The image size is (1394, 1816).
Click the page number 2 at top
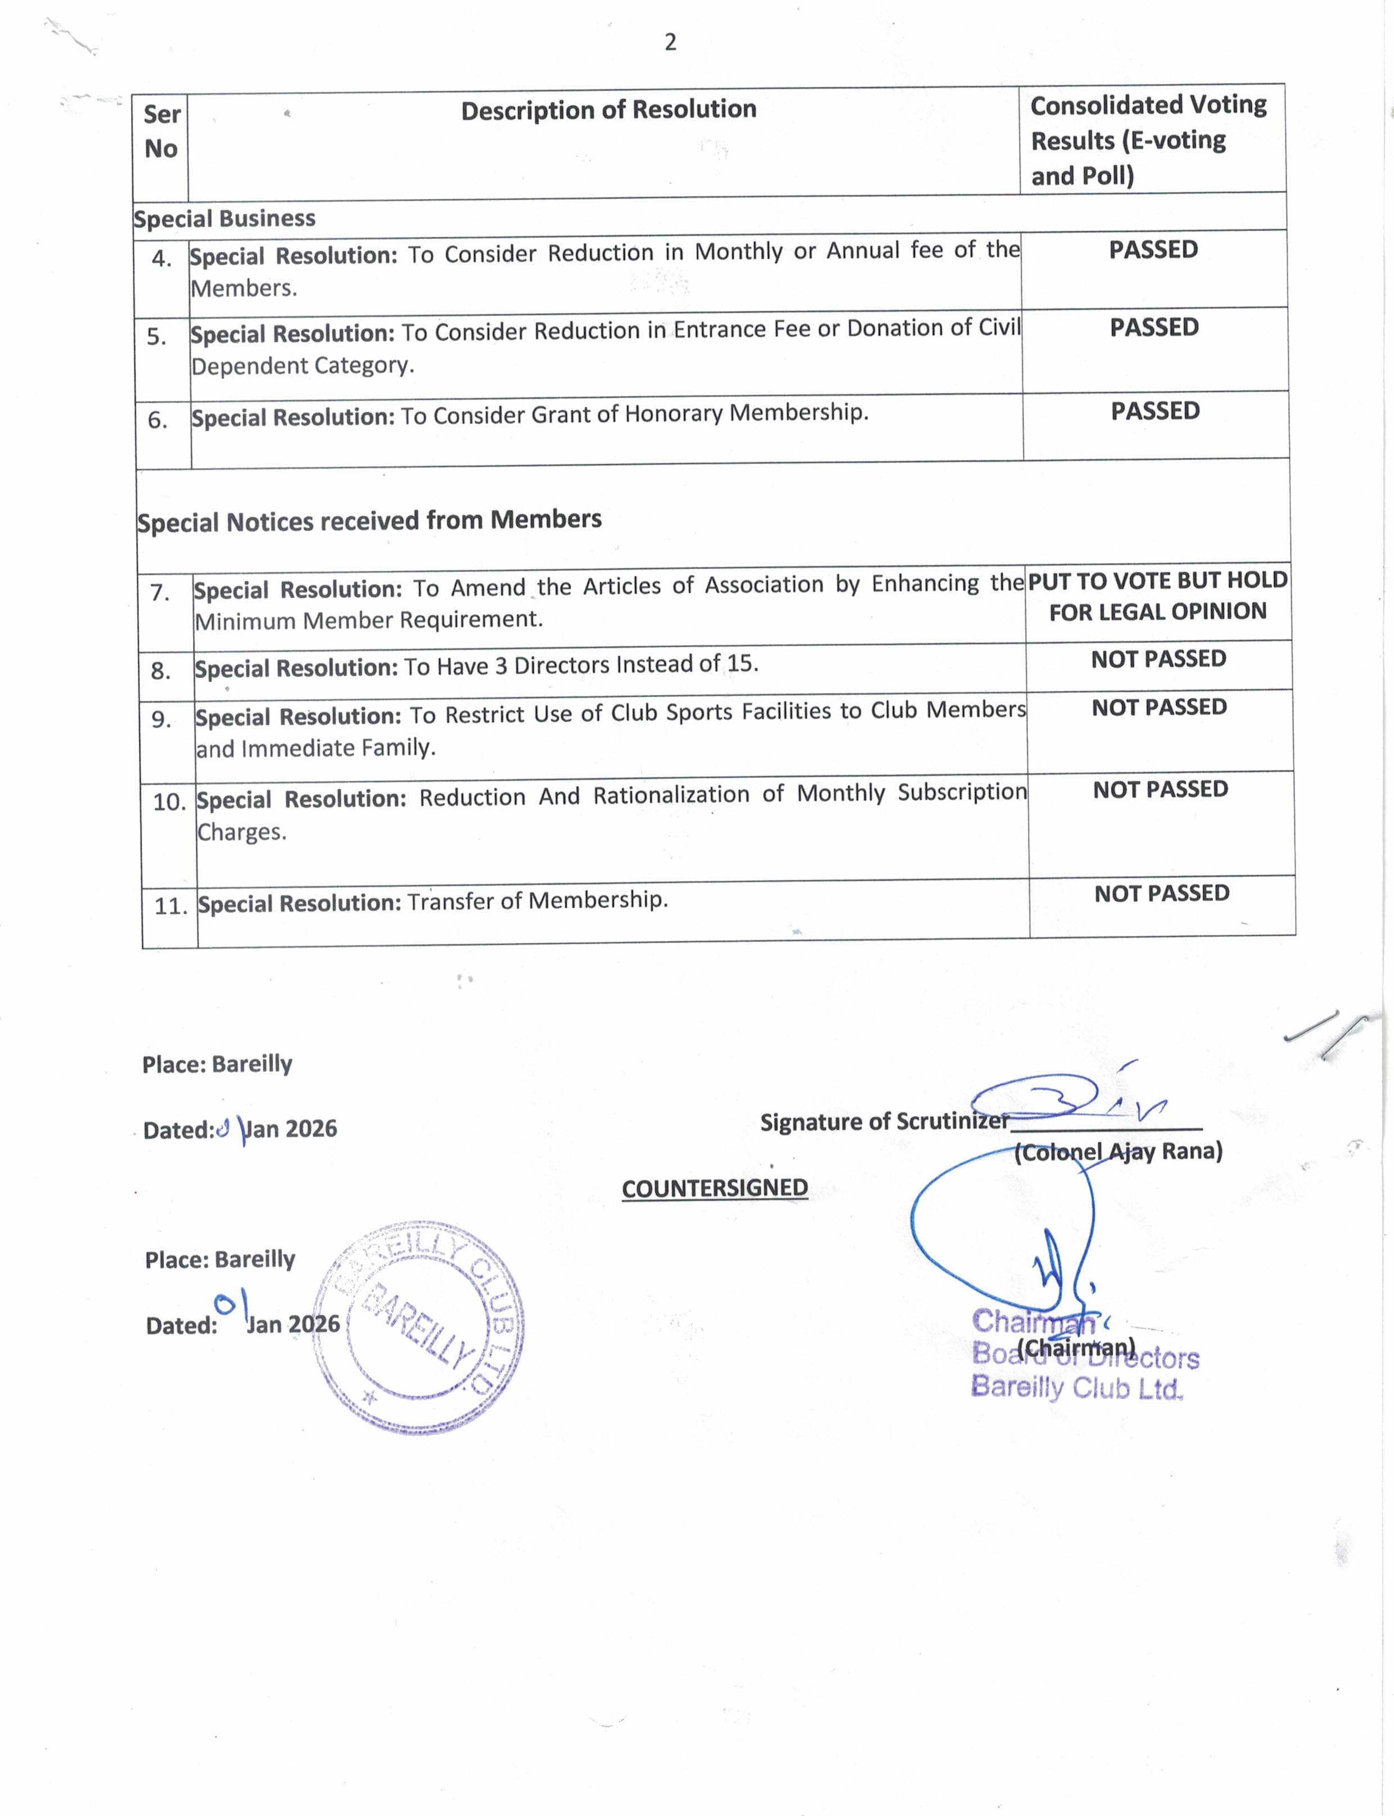click(670, 42)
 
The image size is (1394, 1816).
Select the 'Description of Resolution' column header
click(608, 110)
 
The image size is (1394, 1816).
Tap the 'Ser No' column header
click(161, 131)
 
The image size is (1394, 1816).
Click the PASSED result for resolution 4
click(1153, 250)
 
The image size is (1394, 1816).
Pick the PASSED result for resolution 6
click(1155, 411)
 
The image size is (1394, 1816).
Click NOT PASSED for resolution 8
click(1158, 659)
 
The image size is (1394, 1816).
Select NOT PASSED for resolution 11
click(1162, 894)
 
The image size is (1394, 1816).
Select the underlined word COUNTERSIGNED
click(714, 1188)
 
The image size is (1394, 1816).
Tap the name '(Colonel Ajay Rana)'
click(1118, 1152)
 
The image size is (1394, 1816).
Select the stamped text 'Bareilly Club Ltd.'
click(1076, 1387)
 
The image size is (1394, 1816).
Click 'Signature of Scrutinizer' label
click(884, 1122)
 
